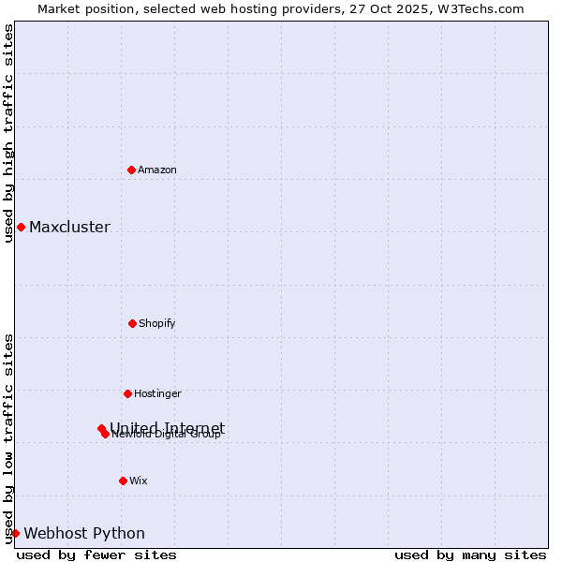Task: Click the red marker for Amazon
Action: [131, 170]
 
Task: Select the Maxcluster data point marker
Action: [21, 227]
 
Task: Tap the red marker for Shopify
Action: [132, 323]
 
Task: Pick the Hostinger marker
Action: [127, 393]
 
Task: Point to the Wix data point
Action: [123, 481]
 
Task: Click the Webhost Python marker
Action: [15, 533]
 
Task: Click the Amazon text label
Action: [157, 170]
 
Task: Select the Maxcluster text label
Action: [69, 227]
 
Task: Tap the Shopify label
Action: [157, 323]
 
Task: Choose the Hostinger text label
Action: [157, 393]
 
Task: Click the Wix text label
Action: [139, 481]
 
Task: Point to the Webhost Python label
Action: [84, 533]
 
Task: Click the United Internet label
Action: [167, 427]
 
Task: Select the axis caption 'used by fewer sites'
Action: [96, 555]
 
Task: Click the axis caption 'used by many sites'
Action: [470, 555]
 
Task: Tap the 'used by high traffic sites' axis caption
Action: [8, 133]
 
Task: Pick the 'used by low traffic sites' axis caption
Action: [8, 438]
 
